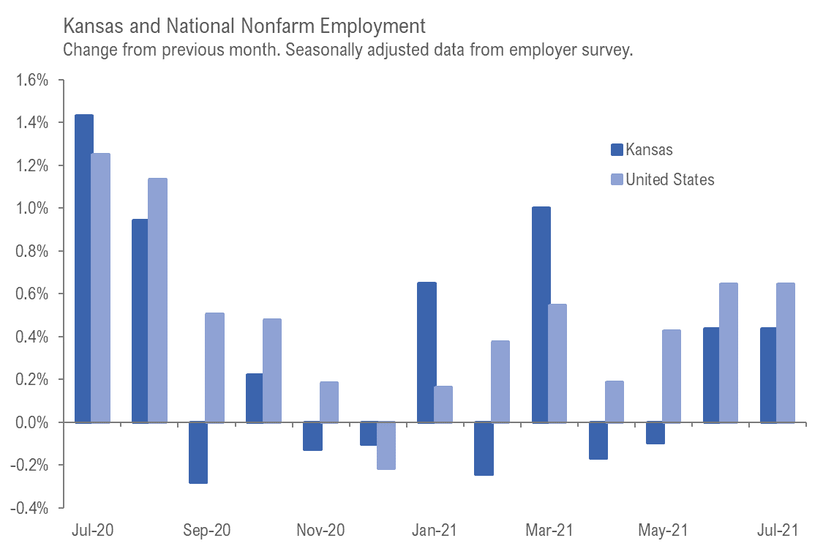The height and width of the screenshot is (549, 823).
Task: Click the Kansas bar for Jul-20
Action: pyautogui.click(x=83, y=268)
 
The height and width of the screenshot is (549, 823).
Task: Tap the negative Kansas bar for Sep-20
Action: pyautogui.click(x=198, y=453)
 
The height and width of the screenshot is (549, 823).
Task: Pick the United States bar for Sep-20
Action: pyautogui.click(x=214, y=367)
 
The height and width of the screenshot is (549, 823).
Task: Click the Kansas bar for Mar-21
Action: pyautogui.click(x=541, y=315)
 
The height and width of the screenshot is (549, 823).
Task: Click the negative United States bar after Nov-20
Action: pyautogui.click(x=386, y=446)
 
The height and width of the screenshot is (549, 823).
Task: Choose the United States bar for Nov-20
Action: pyautogui.click(x=329, y=402)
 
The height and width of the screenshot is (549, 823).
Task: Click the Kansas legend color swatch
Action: pyautogui.click(x=616, y=150)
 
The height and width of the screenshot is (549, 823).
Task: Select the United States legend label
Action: pyautogui.click(x=669, y=179)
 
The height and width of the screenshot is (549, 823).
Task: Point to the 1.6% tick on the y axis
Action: pyautogui.click(x=31, y=81)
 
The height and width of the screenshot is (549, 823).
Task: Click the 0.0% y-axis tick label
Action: pyautogui.click(x=31, y=422)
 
